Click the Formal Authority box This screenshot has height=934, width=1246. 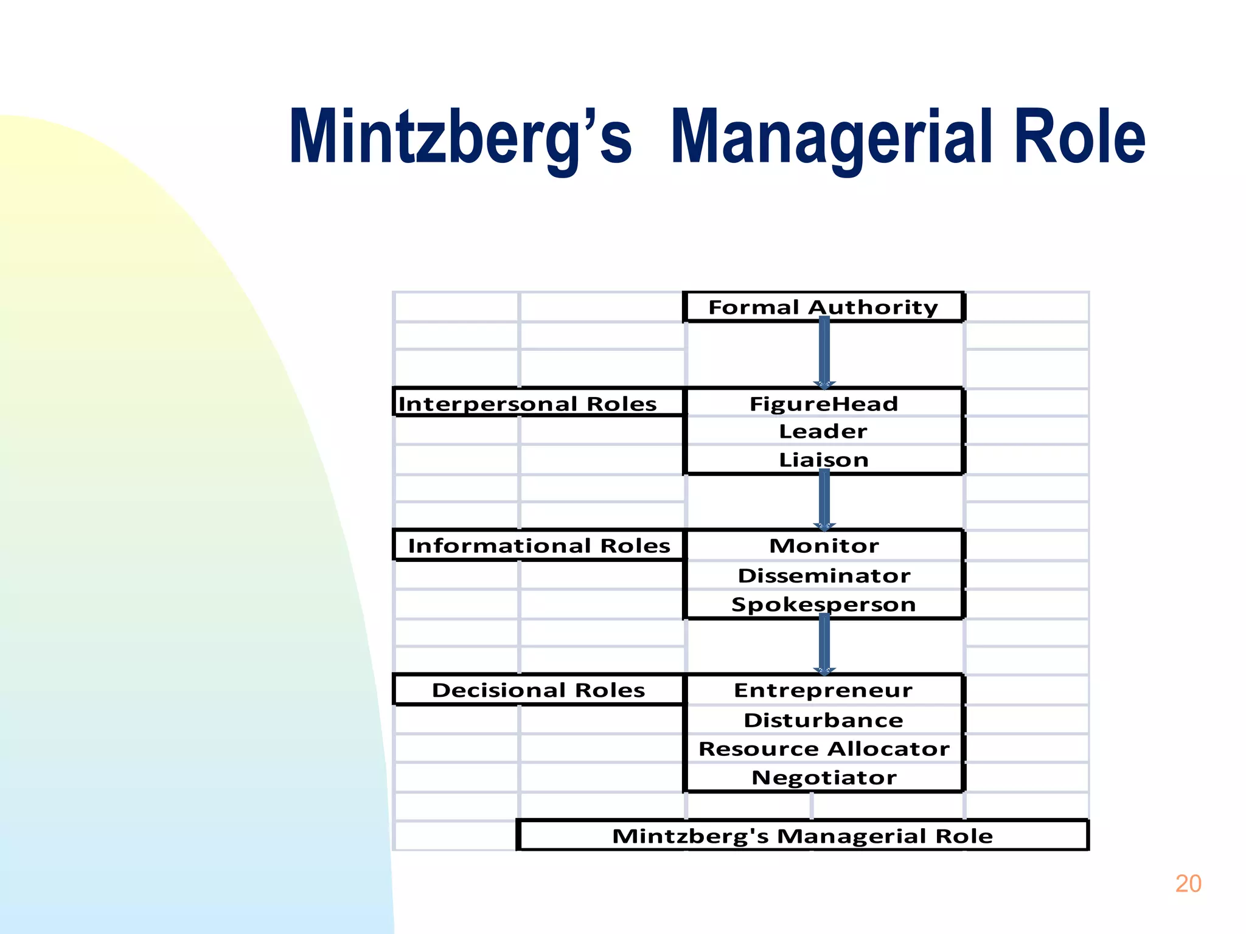(x=823, y=307)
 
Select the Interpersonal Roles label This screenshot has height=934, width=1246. (x=527, y=404)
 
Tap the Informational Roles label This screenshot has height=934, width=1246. (x=539, y=545)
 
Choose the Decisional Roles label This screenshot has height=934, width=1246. (x=538, y=690)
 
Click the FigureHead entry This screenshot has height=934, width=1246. (x=824, y=404)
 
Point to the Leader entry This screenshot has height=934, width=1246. (x=823, y=431)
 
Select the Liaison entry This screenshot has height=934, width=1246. (x=824, y=460)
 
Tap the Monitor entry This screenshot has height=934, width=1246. (x=824, y=545)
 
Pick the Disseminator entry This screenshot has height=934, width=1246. (x=824, y=575)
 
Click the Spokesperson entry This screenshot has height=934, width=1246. (x=824, y=604)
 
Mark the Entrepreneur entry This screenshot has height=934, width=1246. (x=824, y=690)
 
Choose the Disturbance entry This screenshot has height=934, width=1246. (x=824, y=720)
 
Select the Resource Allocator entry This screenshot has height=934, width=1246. (x=824, y=749)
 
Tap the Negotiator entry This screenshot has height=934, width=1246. (x=824, y=778)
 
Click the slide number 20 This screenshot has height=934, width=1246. (x=1188, y=884)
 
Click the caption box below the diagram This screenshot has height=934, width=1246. (x=802, y=835)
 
